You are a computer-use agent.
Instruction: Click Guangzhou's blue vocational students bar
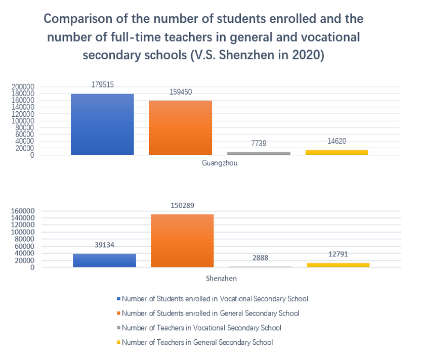coord(102,124)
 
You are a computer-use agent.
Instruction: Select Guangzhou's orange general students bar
coord(181,128)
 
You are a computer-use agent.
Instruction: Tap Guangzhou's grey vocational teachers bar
coord(259,153)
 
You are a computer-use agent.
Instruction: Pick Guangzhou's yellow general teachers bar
coord(336,152)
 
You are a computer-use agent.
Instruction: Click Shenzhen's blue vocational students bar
coord(104,260)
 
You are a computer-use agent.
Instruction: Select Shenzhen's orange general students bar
coord(182,241)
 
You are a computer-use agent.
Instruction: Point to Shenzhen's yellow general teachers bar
coord(339,265)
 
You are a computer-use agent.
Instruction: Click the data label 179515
coord(103,85)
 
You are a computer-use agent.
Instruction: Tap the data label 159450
coord(181,92)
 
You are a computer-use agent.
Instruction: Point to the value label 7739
coord(259,143)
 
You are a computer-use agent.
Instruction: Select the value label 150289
coord(183,205)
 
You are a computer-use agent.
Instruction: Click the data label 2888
coord(261,258)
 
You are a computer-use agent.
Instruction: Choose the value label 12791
coord(339,254)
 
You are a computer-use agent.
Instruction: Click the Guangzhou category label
coord(220,163)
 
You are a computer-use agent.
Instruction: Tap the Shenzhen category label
coord(221,279)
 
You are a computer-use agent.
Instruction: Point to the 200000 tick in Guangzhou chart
coord(23,86)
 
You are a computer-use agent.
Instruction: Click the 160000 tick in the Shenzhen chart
coord(23,211)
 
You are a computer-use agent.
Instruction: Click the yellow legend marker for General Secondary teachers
coord(118,342)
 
